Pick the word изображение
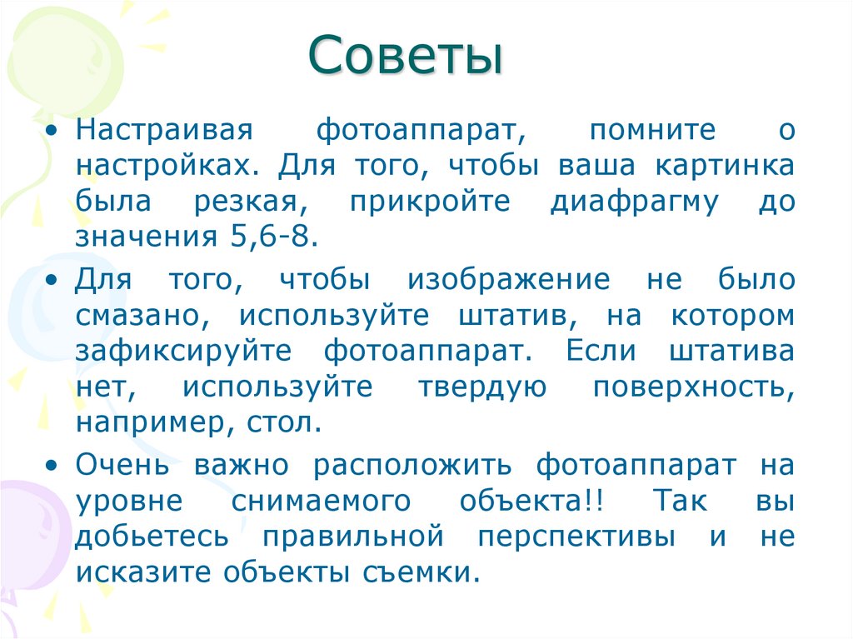click(x=509, y=280)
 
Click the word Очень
click(x=123, y=465)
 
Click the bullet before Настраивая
click(x=54, y=132)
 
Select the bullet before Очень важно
click(x=54, y=466)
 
